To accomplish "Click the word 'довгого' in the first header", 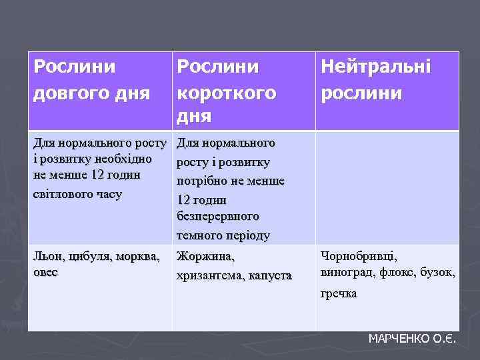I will (x=65, y=93).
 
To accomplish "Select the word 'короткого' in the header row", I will (x=225, y=93).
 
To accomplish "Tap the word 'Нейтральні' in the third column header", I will (x=375, y=67).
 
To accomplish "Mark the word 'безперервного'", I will (x=218, y=217).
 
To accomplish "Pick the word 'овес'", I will (x=46, y=273).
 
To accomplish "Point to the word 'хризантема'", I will (x=209, y=275).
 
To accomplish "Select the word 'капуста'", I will (x=270, y=275).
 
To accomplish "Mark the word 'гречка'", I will (x=339, y=293).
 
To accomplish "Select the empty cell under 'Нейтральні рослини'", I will (x=387, y=187).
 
